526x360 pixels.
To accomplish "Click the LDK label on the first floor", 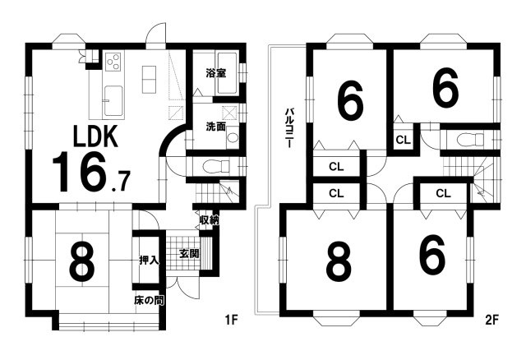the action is [95, 136].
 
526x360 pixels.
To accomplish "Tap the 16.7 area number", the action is [91, 172].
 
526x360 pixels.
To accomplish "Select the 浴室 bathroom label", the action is [215, 73].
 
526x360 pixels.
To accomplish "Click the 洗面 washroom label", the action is [215, 127].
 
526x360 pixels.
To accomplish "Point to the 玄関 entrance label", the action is [189, 254].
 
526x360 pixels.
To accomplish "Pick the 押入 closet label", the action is [149, 261].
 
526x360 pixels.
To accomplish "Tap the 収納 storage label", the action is [210, 220].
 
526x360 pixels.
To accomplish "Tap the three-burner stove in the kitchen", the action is [113, 62].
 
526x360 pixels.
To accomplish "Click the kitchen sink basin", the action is [113, 100].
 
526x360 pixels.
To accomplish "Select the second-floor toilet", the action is [471, 139].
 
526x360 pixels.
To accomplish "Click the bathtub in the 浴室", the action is [228, 73].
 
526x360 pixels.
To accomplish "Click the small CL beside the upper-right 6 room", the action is [403, 140].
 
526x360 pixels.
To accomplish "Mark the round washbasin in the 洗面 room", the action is [232, 138].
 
